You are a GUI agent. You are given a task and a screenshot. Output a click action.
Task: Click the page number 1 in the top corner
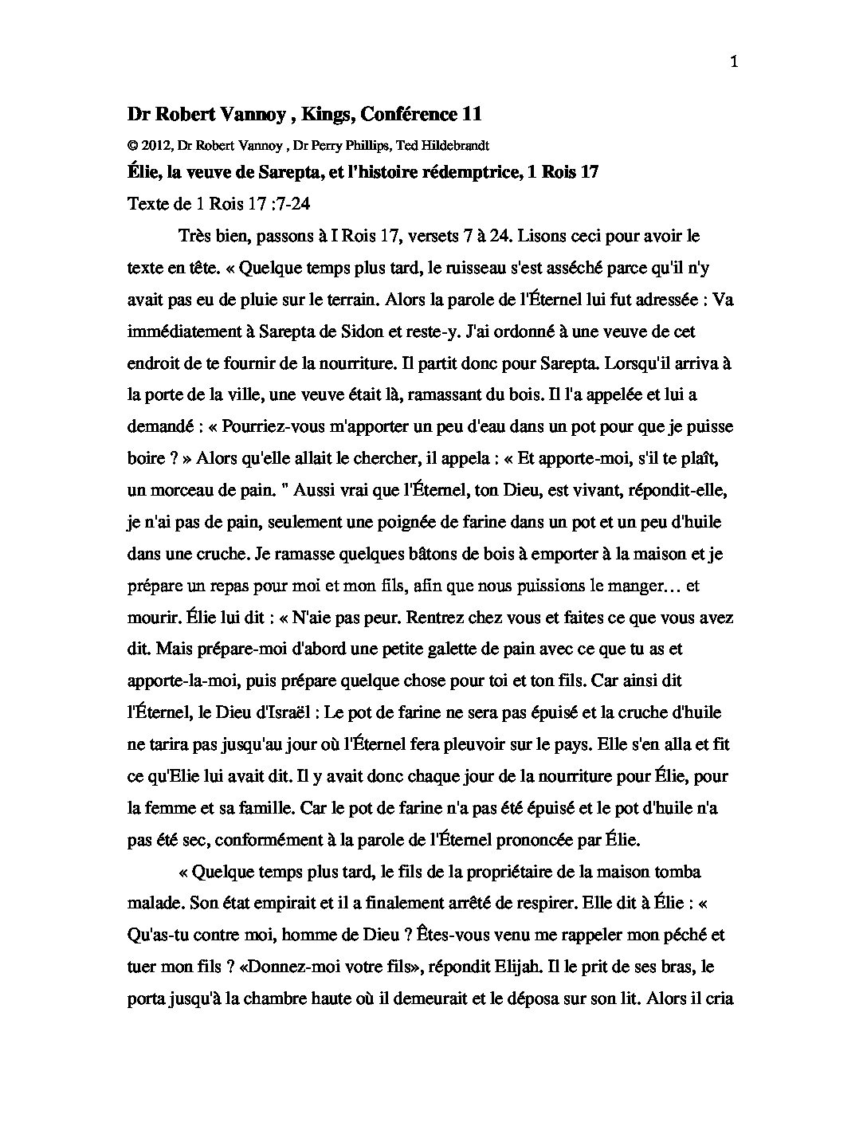point(734,65)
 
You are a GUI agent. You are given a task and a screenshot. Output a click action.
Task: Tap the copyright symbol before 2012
point(131,146)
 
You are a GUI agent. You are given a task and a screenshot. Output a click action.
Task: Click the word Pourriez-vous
point(273,427)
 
